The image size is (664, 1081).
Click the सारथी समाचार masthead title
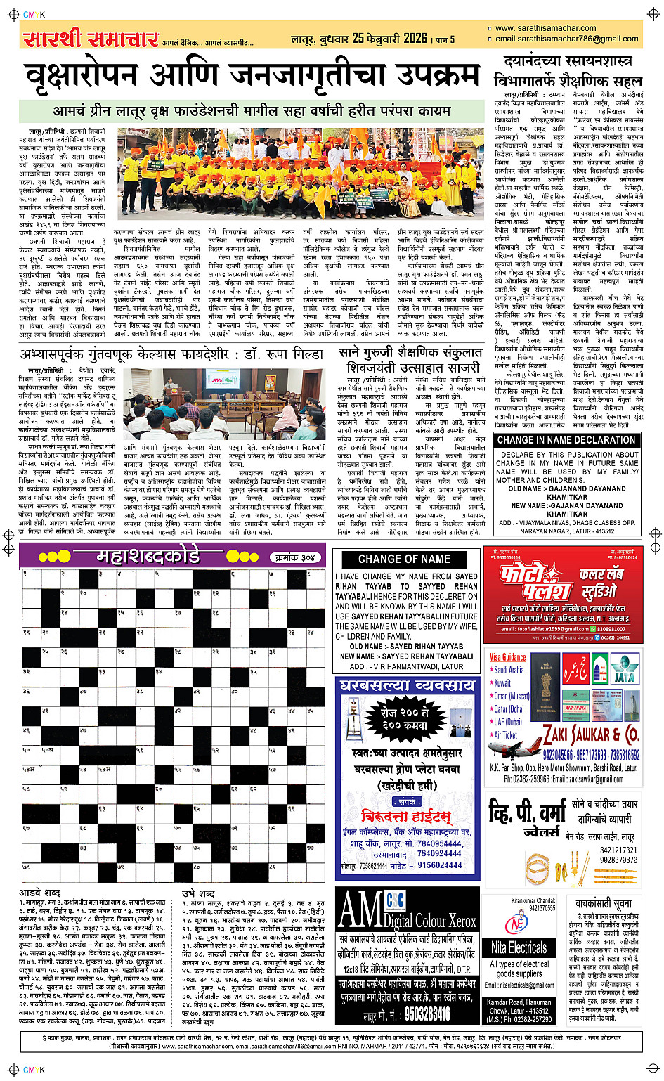pyautogui.click(x=91, y=39)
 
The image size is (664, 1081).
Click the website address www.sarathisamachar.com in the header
pyautogui.click(x=545, y=29)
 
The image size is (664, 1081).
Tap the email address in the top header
pyautogui.click(x=566, y=39)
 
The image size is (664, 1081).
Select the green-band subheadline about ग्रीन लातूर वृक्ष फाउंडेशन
pyautogui.click(x=252, y=111)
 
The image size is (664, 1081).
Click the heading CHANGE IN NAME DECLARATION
pyautogui.click(x=566, y=440)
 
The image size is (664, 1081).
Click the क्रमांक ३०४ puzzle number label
pyautogui.click(x=294, y=557)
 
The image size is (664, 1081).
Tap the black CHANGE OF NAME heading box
pyautogui.click(x=404, y=559)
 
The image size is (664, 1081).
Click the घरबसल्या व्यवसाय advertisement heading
pyautogui.click(x=407, y=685)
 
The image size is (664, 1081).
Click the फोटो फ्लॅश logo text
pyautogui.click(x=536, y=581)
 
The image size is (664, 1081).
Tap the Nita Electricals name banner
pyautogui.click(x=519, y=947)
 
